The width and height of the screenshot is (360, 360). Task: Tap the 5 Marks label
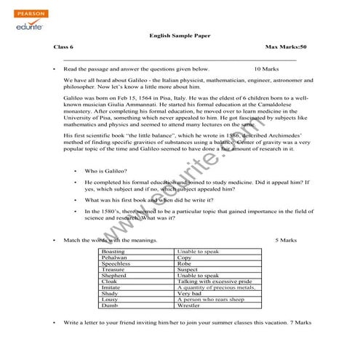point(287,239)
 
